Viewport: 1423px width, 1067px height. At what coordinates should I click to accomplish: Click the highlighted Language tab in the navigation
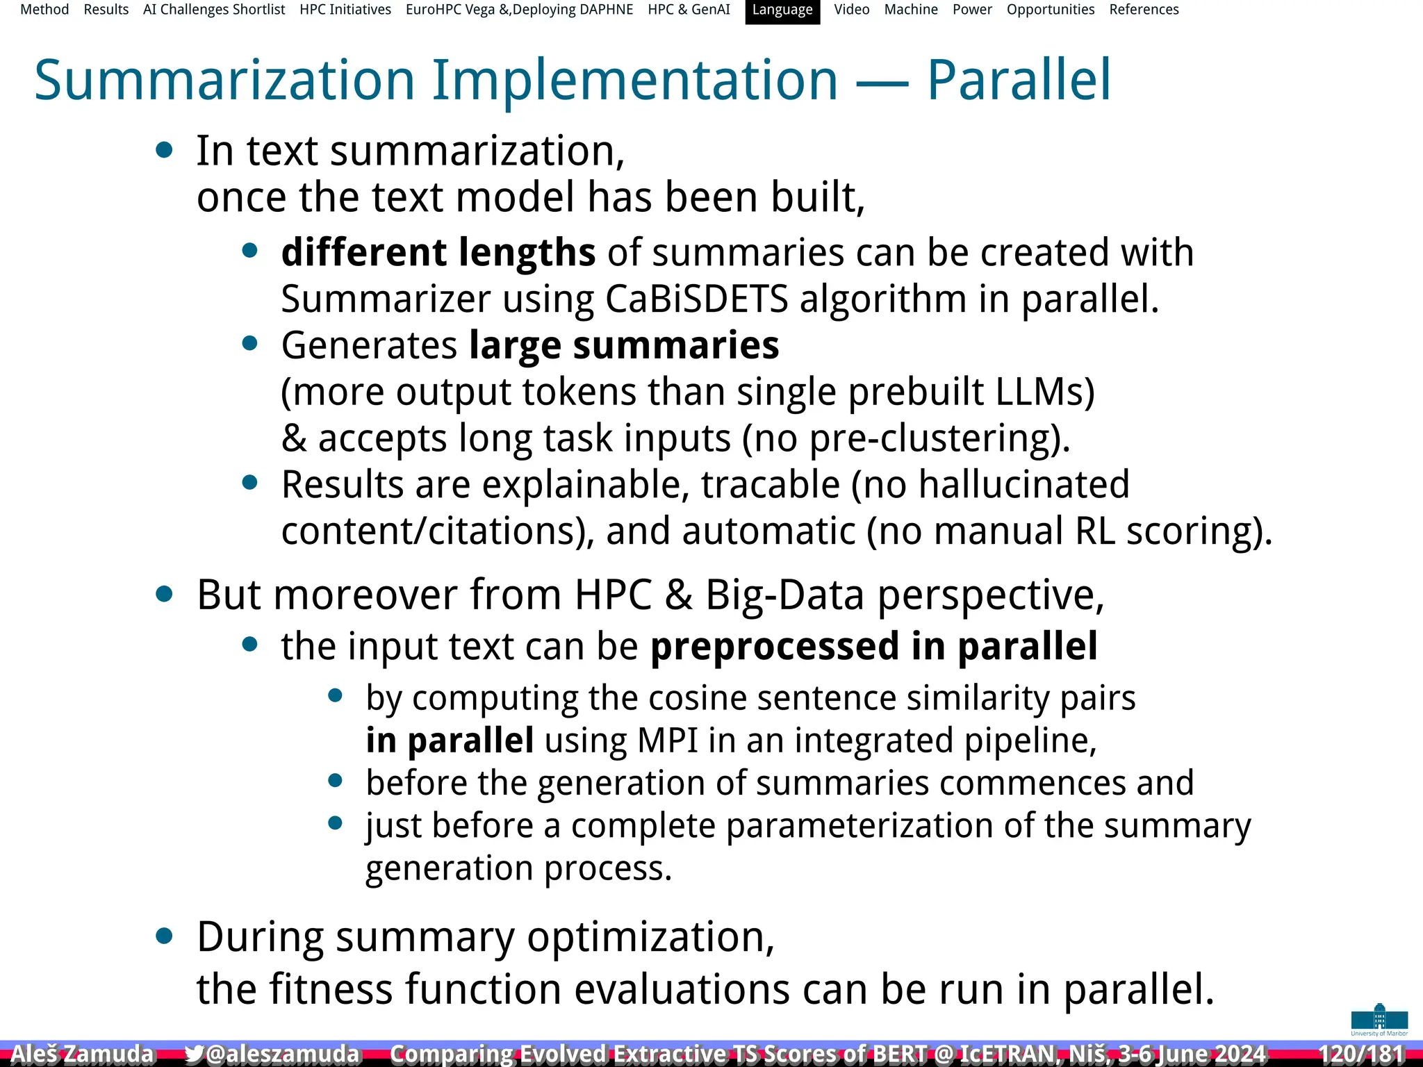782,10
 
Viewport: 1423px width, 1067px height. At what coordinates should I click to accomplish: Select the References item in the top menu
1144,10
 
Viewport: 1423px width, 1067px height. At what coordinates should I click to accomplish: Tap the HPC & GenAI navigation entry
689,10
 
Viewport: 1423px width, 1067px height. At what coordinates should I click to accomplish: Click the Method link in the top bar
44,10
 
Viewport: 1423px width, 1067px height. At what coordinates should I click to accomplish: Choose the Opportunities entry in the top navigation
1050,10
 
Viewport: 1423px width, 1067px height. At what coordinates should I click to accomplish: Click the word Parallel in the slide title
1019,81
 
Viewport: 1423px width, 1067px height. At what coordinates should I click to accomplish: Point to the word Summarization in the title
224,81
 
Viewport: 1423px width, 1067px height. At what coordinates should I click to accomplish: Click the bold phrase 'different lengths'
438,252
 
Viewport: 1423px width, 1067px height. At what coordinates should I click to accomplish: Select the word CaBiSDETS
696,299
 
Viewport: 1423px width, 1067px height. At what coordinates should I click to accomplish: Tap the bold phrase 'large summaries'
623,345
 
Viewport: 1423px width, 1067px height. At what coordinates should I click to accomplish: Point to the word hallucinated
1023,485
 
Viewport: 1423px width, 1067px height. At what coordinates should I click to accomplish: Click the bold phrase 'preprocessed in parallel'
873,647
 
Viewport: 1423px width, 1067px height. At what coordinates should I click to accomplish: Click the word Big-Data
785,595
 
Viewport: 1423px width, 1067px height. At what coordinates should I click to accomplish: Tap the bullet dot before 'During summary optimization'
165,936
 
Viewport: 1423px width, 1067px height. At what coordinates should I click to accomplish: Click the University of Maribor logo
1379,1019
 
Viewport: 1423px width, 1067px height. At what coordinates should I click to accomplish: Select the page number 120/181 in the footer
1360,1054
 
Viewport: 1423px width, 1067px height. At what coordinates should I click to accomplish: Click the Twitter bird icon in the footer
194,1054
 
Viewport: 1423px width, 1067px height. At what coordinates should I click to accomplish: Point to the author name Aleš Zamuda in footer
82,1054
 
